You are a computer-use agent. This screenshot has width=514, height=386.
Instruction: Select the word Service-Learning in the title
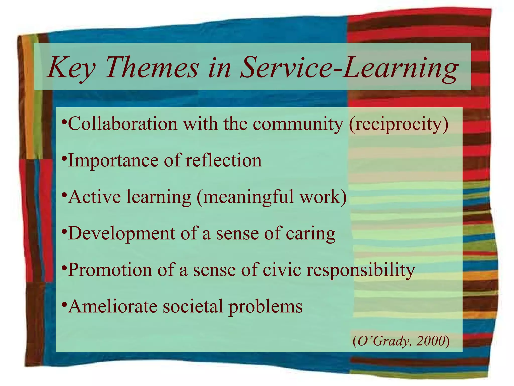point(349,67)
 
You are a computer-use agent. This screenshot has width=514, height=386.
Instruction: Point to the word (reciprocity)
point(398,124)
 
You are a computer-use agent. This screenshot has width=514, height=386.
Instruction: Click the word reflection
point(223,160)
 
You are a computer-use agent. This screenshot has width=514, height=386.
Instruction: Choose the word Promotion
point(110,270)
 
